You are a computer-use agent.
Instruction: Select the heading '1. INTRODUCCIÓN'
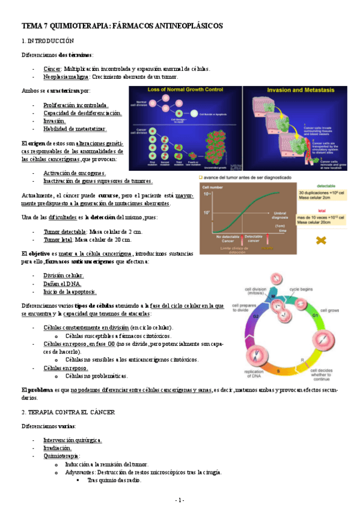point(47,41)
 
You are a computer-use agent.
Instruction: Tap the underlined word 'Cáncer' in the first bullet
point(52,69)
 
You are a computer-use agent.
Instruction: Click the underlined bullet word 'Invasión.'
point(54,121)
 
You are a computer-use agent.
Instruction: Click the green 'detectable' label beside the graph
point(327,185)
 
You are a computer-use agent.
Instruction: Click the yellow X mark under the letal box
point(322,240)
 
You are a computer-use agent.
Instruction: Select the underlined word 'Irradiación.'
point(58,448)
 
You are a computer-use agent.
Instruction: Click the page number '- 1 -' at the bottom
point(180,500)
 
